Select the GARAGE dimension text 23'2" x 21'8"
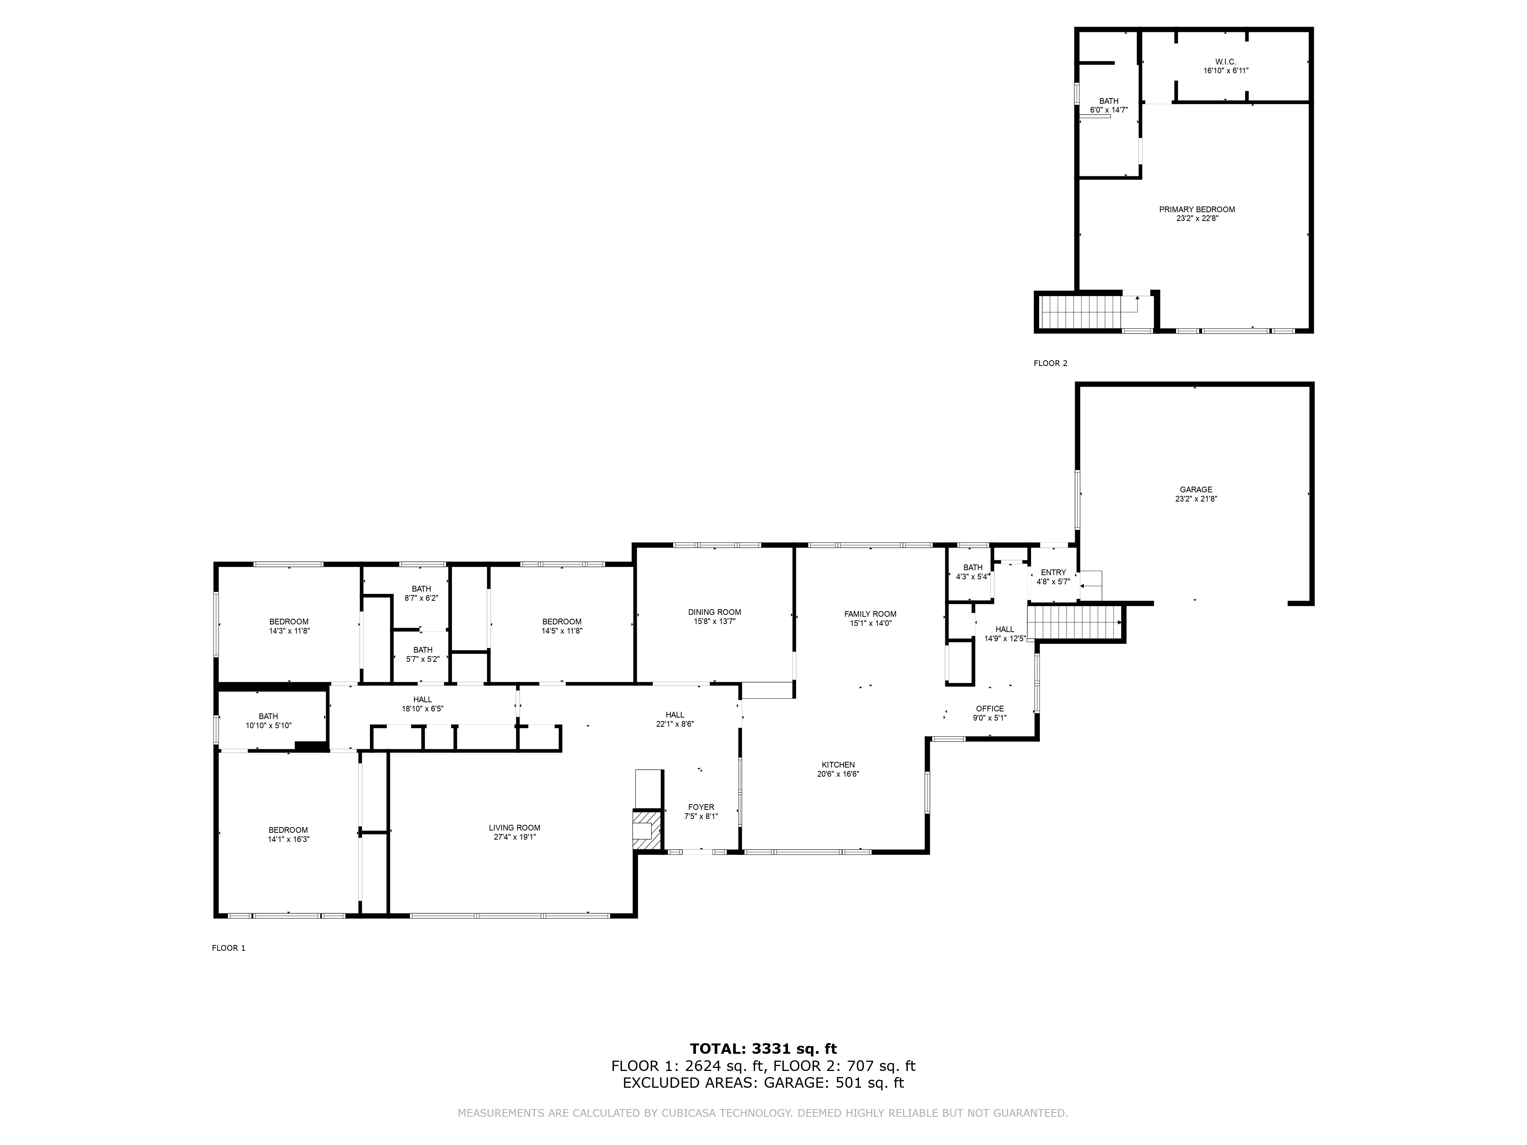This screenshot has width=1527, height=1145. coord(1196,499)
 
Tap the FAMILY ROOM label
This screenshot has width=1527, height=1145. coord(870,614)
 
